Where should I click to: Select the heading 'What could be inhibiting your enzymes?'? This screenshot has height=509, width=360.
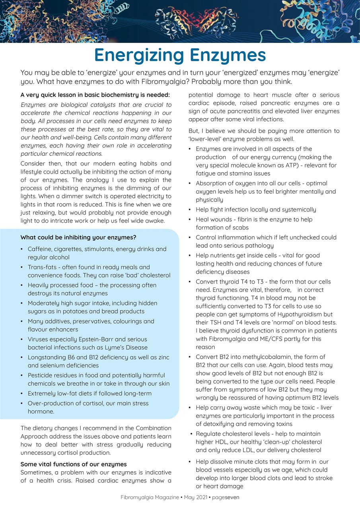click(78, 237)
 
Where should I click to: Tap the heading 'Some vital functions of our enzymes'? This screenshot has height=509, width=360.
click(74, 464)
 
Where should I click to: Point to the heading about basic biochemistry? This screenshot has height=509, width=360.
click(95, 95)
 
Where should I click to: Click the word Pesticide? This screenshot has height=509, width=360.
click(41, 375)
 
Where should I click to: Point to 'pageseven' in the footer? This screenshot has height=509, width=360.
click(226, 497)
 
